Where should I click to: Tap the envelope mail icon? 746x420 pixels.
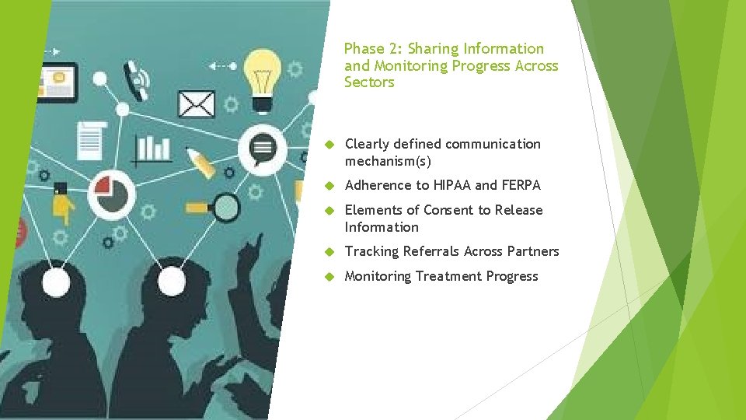(x=196, y=104)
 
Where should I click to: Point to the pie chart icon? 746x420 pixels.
(x=111, y=194)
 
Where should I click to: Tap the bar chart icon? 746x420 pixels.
(x=153, y=148)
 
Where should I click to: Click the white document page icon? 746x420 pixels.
(x=92, y=140)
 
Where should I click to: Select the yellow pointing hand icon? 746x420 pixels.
(x=63, y=207)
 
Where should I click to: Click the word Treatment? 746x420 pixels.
(x=449, y=276)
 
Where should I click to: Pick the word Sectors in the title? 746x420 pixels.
(x=369, y=82)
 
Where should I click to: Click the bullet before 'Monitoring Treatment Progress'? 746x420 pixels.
(x=329, y=277)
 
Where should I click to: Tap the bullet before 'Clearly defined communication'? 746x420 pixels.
(x=329, y=145)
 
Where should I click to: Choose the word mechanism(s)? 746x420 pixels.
(x=388, y=161)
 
